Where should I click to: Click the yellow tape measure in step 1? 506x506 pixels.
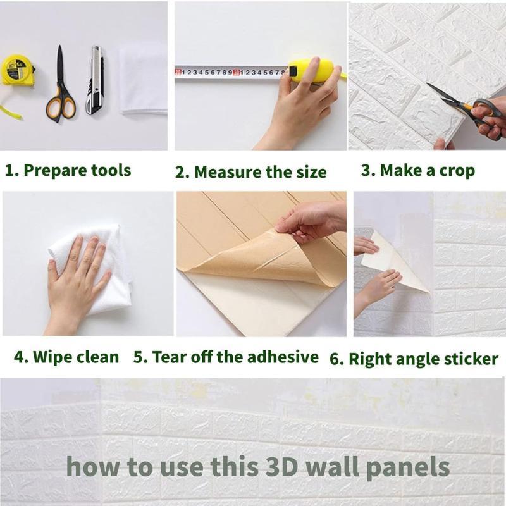click(16, 70)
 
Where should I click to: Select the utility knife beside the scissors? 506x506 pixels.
click(96, 80)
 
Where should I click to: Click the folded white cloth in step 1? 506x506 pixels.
click(144, 80)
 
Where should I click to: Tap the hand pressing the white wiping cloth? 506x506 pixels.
click(77, 278)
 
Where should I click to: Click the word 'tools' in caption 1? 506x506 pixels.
click(111, 170)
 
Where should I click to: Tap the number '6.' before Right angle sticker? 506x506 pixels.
click(336, 359)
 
